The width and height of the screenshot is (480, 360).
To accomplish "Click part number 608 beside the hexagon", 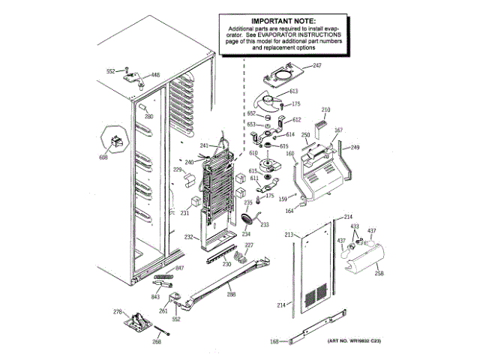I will [103, 157].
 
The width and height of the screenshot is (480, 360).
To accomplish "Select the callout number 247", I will [316, 66].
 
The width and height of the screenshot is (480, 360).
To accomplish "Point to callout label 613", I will [295, 91].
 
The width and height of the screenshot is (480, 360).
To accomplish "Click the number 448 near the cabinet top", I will [156, 75].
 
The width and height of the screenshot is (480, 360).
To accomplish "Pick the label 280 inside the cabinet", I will [148, 117].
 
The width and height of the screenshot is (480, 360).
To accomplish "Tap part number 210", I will [325, 110].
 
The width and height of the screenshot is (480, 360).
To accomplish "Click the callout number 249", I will [355, 147].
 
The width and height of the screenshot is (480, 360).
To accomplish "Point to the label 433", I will [355, 226].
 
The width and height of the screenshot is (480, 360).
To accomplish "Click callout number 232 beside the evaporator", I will [190, 238].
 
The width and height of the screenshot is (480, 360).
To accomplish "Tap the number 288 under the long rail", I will [231, 294].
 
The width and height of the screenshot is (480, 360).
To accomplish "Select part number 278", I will [117, 311].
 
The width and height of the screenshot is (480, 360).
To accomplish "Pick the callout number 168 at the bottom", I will [274, 342].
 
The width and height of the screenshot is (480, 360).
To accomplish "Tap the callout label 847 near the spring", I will [179, 268].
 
